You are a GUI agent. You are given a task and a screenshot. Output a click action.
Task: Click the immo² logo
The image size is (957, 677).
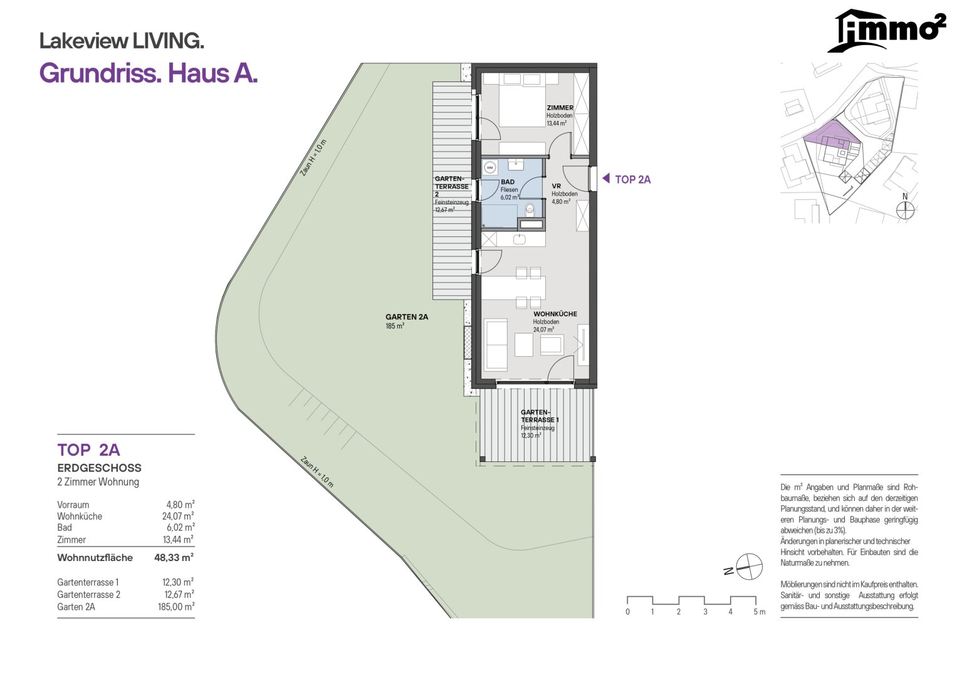[886, 30]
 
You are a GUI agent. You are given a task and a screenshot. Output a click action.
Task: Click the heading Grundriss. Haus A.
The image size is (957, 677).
[149, 73]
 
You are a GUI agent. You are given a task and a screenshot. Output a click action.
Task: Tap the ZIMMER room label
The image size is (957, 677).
[560, 108]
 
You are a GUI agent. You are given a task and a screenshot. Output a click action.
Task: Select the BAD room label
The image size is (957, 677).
[508, 182]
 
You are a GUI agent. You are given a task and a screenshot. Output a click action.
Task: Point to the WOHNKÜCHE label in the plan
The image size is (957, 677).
[555, 314]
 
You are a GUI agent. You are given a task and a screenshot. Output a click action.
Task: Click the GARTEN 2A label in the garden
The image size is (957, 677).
[407, 317]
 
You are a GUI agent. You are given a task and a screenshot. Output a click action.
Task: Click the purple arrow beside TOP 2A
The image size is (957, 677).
[606, 178]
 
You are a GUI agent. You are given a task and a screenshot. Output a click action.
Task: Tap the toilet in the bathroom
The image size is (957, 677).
[530, 209]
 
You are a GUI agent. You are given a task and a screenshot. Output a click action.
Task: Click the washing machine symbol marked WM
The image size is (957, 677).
[489, 167]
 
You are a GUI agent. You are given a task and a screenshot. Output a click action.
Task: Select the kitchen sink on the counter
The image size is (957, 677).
[520, 239]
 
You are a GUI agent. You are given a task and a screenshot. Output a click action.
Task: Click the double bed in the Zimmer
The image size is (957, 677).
[522, 100]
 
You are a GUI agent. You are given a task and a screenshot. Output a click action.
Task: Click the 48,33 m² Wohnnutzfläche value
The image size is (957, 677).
[174, 557]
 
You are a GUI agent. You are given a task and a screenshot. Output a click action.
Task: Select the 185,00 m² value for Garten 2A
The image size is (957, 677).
[176, 607]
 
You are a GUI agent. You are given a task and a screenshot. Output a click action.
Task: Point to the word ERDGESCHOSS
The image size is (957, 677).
[99, 468]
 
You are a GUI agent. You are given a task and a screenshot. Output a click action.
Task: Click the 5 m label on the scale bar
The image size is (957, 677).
[759, 612]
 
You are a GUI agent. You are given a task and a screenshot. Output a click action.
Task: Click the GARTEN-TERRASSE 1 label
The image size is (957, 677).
[539, 416]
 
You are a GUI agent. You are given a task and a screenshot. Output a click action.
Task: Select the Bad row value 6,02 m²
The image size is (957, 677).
[180, 527]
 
